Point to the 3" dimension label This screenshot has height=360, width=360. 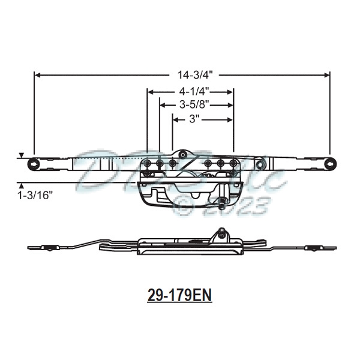tap(194, 119)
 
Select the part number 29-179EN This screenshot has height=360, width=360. tap(180, 295)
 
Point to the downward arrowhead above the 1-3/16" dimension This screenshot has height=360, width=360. tap(22, 155)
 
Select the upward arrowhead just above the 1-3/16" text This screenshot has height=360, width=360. tap(22, 185)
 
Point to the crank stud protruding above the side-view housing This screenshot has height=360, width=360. tap(222, 232)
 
